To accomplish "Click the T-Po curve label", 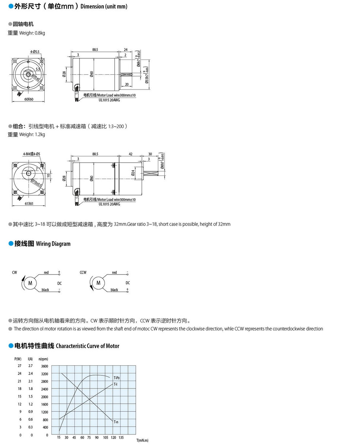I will [x=117, y=378].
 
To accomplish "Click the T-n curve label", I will [x=116, y=421].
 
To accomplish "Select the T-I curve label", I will [x=116, y=384].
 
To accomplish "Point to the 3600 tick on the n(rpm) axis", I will [x=45, y=366].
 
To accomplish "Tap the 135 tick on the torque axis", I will [x=121, y=437].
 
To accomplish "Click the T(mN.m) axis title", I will [x=142, y=440].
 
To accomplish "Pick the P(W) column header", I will [x=18, y=359].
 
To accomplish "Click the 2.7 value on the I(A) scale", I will [x=30, y=366].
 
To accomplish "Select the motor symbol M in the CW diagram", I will [x=30, y=283].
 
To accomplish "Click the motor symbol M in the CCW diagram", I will [x=99, y=283].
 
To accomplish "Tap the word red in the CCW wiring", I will [x=114, y=273].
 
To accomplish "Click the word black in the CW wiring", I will [x=45, y=290].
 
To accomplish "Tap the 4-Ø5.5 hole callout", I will [x=35, y=51].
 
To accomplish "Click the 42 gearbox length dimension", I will [x=130, y=154].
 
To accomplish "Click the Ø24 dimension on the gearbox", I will [x=133, y=173].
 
